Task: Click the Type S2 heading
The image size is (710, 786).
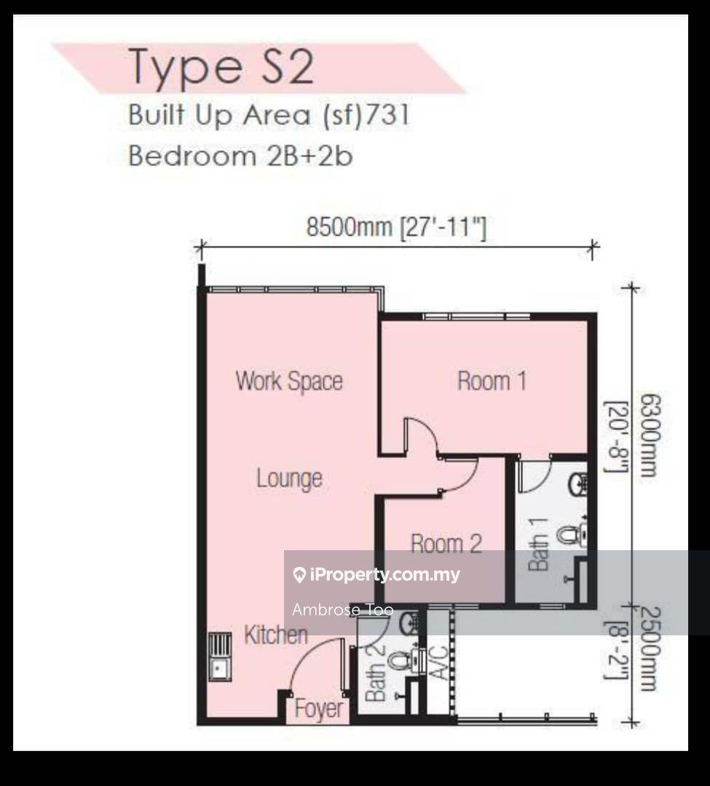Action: click(221, 68)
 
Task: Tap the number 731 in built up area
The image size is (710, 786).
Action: click(387, 115)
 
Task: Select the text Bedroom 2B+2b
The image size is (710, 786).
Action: click(241, 156)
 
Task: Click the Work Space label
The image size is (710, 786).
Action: click(289, 381)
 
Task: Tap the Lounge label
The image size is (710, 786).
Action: click(289, 479)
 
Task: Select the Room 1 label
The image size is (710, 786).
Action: click(492, 381)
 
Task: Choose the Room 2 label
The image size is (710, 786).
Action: click(446, 544)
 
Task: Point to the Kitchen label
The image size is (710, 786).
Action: click(275, 635)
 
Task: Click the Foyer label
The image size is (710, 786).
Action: click(319, 708)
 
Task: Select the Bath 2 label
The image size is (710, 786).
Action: click(376, 672)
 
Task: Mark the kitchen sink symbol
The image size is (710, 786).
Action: click(220, 656)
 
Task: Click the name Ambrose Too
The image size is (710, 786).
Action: click(343, 610)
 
